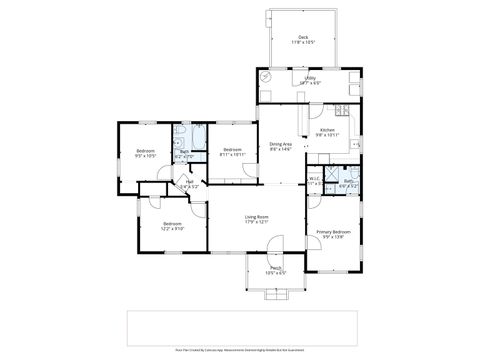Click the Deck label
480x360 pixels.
(303, 40)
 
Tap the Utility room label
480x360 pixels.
(311, 81)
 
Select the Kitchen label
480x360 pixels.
(327, 131)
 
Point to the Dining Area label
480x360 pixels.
(281, 146)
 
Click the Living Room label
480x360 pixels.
(257, 219)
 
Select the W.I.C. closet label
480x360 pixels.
(314, 182)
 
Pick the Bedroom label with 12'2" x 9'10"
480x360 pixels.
(172, 226)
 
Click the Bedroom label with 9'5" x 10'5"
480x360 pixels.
(146, 153)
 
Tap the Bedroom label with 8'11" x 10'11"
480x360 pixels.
(232, 153)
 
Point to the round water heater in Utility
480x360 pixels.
(265, 77)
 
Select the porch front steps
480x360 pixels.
(275, 291)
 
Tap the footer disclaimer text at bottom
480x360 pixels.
(239, 352)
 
